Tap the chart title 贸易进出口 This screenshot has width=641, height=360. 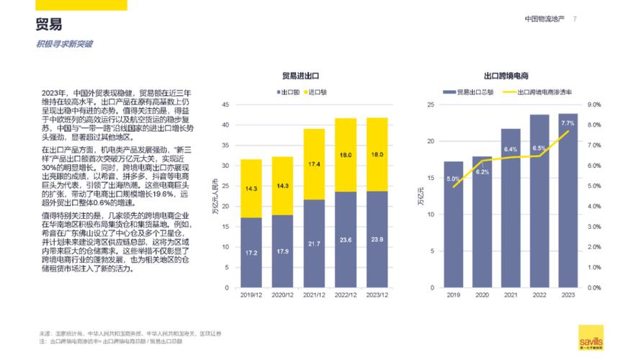[x=300, y=76]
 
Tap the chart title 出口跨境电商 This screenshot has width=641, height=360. [x=506, y=76]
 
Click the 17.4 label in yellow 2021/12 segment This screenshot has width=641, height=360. [x=313, y=164]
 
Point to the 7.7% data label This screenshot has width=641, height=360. [x=567, y=124]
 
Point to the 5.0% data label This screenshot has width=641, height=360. [x=452, y=179]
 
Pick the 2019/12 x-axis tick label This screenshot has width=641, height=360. [x=251, y=295]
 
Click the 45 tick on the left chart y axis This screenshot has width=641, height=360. [x=225, y=105]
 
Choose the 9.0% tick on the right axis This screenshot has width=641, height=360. [x=595, y=105]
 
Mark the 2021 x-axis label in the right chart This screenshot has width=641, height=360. [x=510, y=295]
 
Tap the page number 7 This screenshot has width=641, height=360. [x=575, y=19]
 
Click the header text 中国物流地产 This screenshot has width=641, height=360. [x=545, y=19]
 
